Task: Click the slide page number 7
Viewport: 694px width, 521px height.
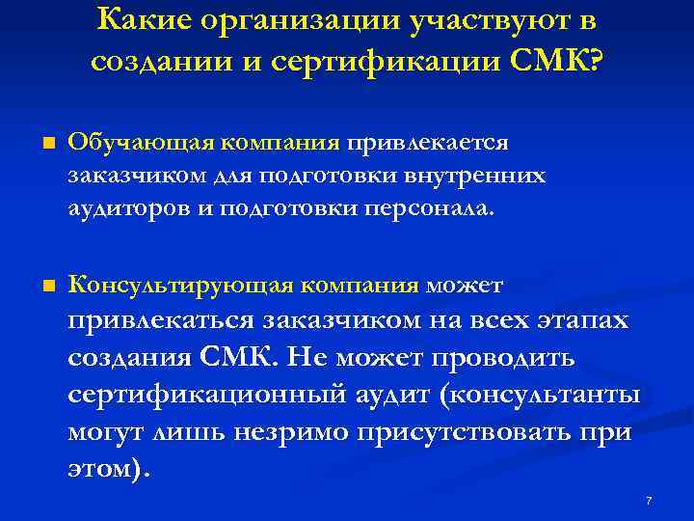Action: [x=649, y=501]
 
